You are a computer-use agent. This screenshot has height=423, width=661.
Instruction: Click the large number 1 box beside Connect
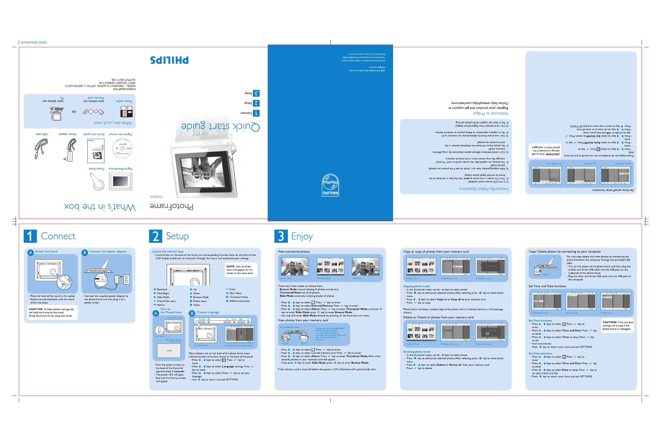click(x=30, y=236)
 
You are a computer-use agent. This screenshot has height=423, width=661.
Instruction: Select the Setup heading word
click(x=177, y=236)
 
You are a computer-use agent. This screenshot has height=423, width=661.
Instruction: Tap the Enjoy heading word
click(x=302, y=237)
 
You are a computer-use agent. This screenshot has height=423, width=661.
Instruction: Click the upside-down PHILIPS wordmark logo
click(x=169, y=60)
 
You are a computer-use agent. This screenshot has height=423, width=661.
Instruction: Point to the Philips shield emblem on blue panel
click(x=330, y=185)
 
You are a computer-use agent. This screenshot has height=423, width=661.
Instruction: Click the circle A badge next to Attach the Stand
click(x=30, y=252)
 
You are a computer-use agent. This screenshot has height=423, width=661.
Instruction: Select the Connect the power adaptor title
click(x=108, y=252)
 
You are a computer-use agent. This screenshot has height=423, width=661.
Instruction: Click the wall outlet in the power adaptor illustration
click(x=126, y=279)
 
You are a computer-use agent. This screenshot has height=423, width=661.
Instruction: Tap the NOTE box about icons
click(x=241, y=270)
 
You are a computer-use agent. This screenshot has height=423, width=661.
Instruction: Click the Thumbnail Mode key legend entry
click(x=238, y=297)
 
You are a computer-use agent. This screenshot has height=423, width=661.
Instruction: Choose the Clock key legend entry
click(x=196, y=305)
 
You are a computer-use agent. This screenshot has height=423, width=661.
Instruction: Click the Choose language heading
click(x=208, y=312)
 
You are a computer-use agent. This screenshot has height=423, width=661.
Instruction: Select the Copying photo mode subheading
click(x=416, y=286)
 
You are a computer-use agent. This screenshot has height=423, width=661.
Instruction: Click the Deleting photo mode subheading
click(x=416, y=352)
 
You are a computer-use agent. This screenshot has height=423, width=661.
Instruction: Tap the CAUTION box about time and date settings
click(x=617, y=326)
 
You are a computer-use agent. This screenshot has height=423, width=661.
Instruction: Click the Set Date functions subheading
click(x=540, y=353)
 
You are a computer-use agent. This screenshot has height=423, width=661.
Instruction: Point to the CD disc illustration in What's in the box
click(x=122, y=149)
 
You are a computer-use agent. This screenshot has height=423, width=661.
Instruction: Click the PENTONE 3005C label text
click(x=36, y=43)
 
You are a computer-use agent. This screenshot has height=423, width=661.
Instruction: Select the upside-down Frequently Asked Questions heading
click(x=483, y=189)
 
